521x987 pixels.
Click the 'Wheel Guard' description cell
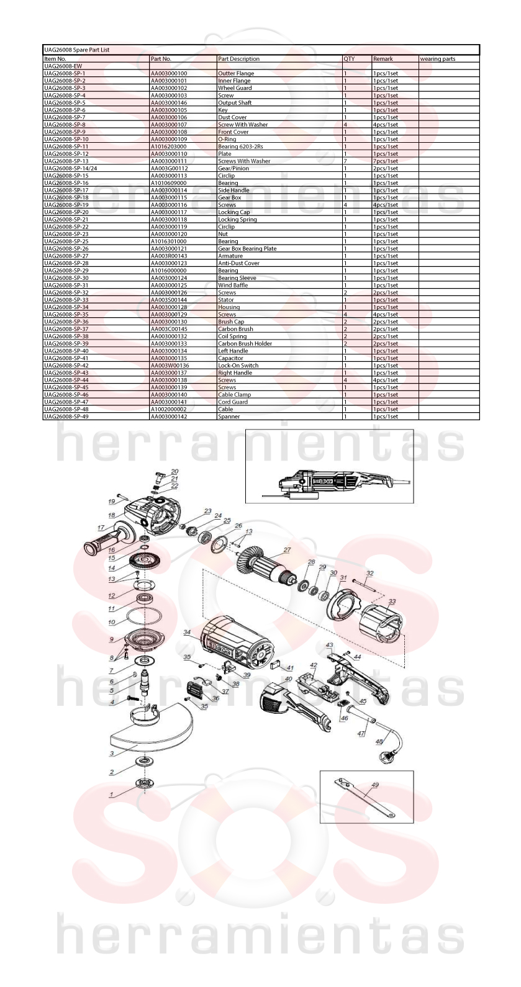[x=235, y=88]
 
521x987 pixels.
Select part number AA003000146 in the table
[x=169, y=102]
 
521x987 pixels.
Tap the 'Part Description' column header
[x=239, y=59]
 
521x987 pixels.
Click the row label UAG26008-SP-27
[x=66, y=256]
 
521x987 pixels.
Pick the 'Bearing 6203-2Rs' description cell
[x=241, y=146]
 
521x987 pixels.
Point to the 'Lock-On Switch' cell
[x=238, y=366]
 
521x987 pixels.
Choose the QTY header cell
[x=349, y=59]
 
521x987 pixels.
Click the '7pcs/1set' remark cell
[x=386, y=161]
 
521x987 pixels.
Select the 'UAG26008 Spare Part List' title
[x=77, y=50]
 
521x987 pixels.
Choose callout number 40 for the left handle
[x=288, y=679]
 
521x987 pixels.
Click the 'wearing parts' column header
[x=438, y=59]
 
